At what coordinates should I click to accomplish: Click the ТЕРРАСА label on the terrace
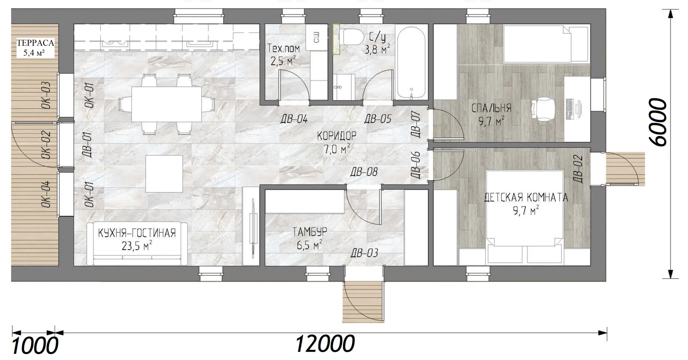(x=35, y=43)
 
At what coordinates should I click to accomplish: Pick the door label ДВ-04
(x=294, y=119)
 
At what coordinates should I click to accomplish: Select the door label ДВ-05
(x=378, y=119)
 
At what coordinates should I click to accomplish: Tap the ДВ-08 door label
(x=364, y=172)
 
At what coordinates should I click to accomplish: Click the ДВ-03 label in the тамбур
(x=364, y=253)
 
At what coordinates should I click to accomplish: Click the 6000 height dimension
(x=659, y=122)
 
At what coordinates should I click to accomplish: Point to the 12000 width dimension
(x=325, y=344)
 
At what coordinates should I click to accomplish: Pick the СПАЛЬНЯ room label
(x=491, y=108)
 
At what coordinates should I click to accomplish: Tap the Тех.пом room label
(x=283, y=48)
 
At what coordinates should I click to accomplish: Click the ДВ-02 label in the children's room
(x=577, y=169)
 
